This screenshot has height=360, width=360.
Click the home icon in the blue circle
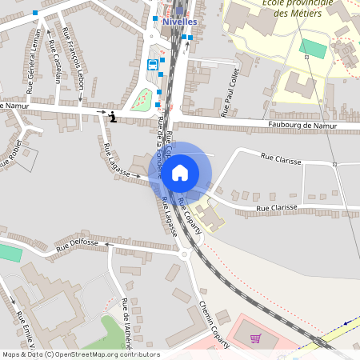[180, 172]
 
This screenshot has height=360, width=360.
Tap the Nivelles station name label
[178, 22]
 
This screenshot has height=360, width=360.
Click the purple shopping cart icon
[255, 338]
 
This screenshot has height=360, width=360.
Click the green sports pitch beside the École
[313, 48]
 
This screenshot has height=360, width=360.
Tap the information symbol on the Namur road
[113, 118]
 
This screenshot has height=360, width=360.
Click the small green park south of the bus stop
[143, 101]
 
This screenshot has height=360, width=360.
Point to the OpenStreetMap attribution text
[80, 354]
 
